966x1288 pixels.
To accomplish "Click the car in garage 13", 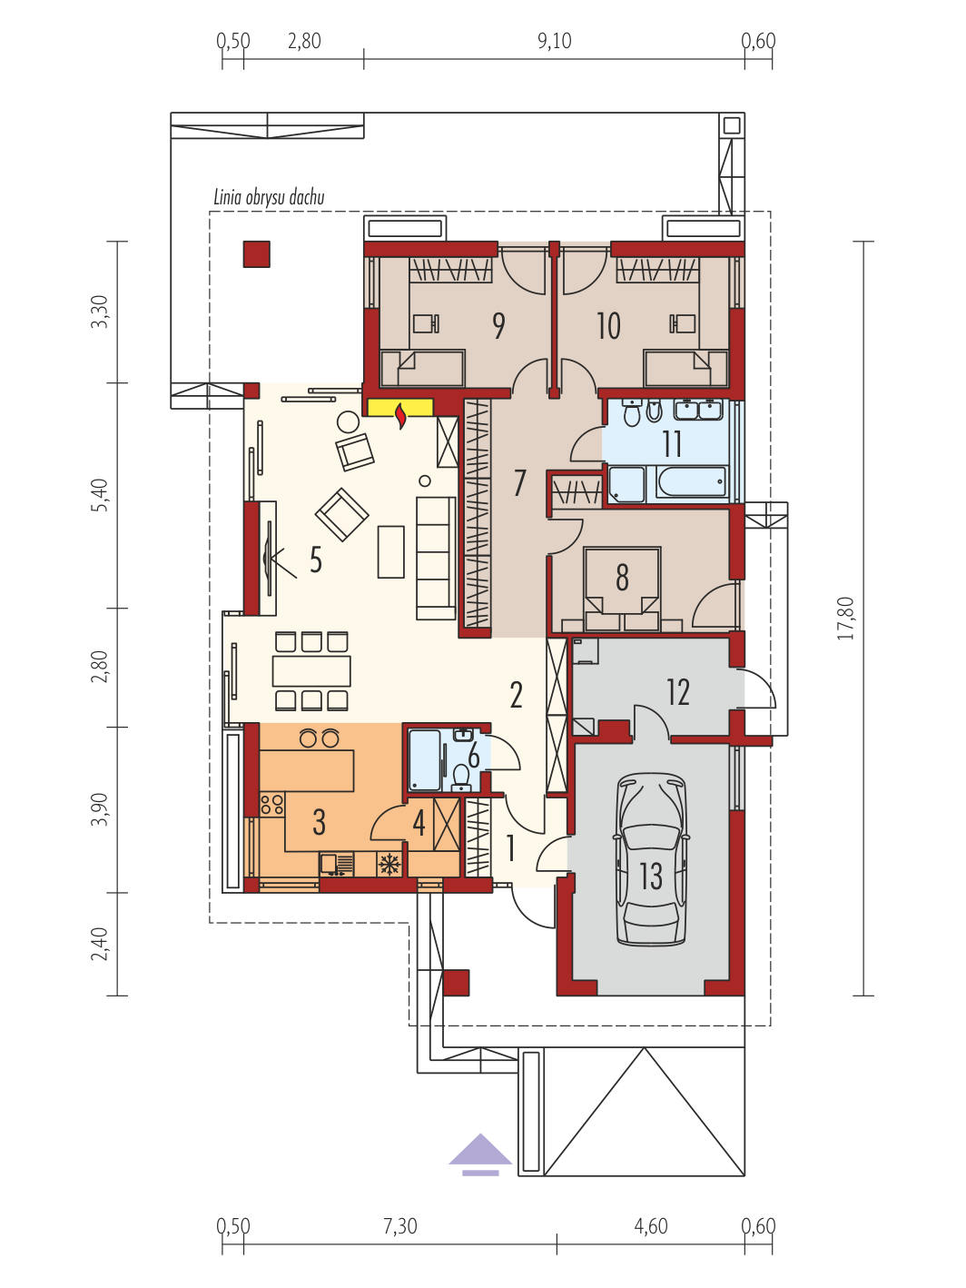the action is click(x=650, y=859).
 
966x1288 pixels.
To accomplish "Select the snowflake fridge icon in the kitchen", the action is click(x=389, y=864).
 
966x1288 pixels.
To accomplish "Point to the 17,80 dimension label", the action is click(x=846, y=618).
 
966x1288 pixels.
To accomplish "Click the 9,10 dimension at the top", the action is click(x=554, y=41).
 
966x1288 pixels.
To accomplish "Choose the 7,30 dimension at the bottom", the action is click(x=400, y=1225).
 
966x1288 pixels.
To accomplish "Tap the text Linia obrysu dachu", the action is click(x=269, y=197).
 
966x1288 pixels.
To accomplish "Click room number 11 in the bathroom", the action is click(x=672, y=443).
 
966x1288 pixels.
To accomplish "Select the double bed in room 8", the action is click(x=622, y=589).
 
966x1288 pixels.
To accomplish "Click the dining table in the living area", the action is click(x=311, y=670).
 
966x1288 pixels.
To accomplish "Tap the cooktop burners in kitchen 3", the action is click(x=272, y=803).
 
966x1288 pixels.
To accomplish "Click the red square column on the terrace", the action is click(x=257, y=254).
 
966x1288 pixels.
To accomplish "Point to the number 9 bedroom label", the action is click(x=498, y=326).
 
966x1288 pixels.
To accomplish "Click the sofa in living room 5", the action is click(x=436, y=558).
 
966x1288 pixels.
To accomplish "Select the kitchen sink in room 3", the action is click(x=337, y=865).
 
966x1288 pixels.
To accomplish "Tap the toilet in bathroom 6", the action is click(x=461, y=776).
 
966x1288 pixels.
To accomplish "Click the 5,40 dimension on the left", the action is click(x=101, y=495).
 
